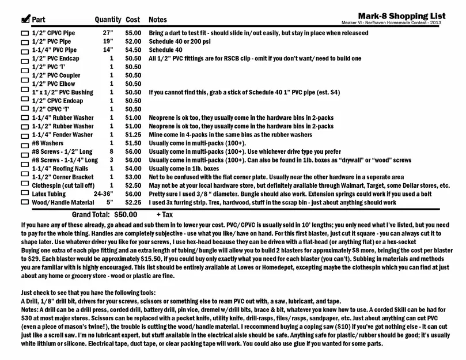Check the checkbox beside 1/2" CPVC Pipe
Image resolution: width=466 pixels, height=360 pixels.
25,34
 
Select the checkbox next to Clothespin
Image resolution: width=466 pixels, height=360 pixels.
25,187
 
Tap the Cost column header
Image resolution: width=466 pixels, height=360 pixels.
132,20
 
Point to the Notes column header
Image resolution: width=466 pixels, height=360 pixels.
158,20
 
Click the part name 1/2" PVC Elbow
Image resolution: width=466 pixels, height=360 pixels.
54,84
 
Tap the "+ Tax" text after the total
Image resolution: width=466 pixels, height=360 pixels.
166,214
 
